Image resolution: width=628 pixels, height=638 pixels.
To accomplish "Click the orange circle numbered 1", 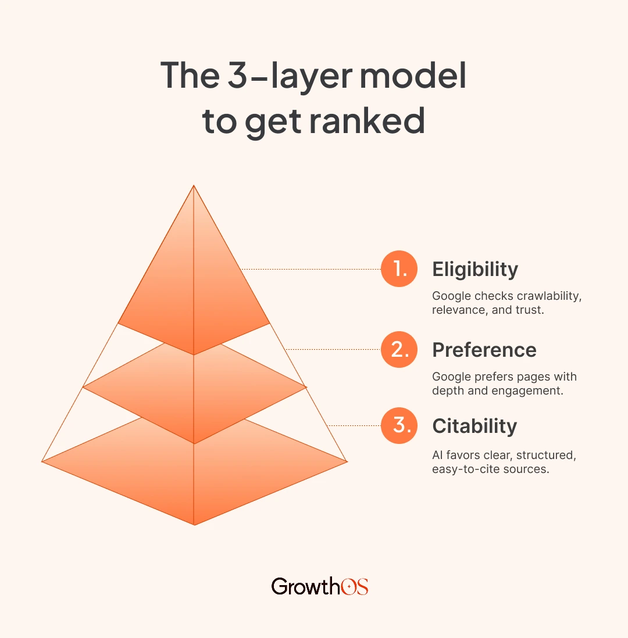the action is point(399,269).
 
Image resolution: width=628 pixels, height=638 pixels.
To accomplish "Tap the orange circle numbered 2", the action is point(399,349).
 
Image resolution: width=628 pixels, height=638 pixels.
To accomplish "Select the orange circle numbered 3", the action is point(399,426).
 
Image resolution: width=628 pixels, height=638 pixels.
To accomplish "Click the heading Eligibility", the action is point(475,270).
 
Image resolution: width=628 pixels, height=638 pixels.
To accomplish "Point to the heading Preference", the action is point(484,350).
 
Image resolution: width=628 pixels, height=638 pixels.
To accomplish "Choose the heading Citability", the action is point(474,426).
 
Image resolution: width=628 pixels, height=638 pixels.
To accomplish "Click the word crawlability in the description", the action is point(549,296).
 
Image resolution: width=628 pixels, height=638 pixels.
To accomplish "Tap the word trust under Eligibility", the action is point(530,310).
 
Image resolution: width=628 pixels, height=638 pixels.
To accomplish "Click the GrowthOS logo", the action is point(320,586).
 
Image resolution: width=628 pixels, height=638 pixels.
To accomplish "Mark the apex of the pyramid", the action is point(194,187).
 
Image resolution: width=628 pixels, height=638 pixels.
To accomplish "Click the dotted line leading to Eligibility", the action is point(311,269).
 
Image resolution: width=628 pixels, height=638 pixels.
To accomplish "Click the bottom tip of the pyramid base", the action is point(194,524).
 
